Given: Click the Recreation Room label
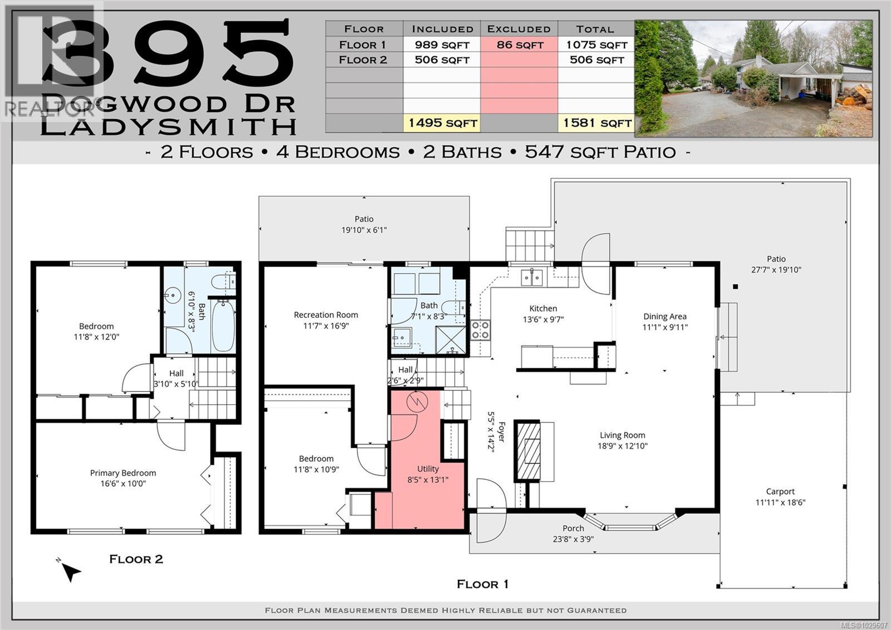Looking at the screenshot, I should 326,314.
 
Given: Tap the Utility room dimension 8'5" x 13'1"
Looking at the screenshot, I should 428,479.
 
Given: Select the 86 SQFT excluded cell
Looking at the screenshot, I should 519,45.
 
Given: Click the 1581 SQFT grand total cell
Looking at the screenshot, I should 596,123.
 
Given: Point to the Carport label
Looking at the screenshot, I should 780,491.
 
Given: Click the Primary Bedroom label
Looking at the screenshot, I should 123,473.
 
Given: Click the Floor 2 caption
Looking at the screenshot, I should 136,559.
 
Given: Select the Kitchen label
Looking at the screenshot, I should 543,308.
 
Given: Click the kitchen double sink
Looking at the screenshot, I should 531,277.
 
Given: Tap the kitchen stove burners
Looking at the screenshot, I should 480,329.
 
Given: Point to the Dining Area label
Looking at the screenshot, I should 664,316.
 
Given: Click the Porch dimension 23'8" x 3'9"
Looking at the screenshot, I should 573,539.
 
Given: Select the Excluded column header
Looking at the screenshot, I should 519,29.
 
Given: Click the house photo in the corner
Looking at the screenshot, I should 753,78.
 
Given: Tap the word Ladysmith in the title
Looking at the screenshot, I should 169,127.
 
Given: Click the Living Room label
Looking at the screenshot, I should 623,435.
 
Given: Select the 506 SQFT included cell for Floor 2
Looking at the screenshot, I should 442,60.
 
